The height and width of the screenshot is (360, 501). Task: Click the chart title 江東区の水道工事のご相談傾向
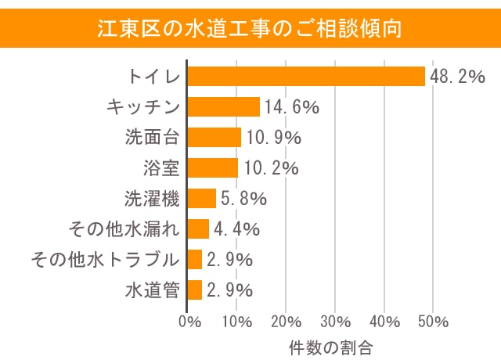click(x=250, y=29)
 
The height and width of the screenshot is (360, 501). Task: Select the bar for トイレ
click(x=306, y=76)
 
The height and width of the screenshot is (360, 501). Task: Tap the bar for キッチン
click(x=224, y=106)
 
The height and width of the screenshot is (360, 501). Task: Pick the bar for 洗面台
click(x=214, y=137)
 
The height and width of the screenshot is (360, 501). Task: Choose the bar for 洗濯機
click(x=202, y=198)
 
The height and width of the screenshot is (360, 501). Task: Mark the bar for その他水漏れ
click(x=199, y=229)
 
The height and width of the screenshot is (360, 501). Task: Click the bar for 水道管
click(x=195, y=290)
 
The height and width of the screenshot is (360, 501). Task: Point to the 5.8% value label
click(x=243, y=199)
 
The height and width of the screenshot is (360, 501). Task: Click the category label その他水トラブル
click(x=105, y=259)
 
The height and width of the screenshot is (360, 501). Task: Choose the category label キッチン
click(x=143, y=107)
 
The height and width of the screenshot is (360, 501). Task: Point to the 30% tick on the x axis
click(x=335, y=321)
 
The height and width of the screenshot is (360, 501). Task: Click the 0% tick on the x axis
click(x=188, y=321)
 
